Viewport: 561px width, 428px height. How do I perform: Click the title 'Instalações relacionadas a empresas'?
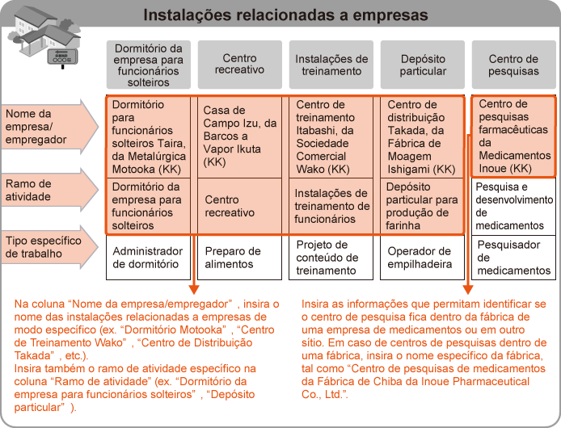(285, 15)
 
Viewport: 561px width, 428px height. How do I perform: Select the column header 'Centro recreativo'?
(239, 64)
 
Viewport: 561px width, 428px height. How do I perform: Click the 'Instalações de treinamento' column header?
(331, 64)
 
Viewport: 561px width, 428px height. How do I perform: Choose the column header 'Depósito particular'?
(423, 64)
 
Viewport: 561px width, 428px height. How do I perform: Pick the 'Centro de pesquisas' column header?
(513, 64)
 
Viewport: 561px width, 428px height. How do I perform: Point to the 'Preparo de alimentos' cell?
(239, 257)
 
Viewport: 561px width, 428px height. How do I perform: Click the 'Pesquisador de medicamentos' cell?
(513, 257)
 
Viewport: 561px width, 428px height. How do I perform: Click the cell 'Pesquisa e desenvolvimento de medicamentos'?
(513, 206)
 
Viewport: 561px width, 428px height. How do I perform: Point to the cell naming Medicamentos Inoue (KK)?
(513, 136)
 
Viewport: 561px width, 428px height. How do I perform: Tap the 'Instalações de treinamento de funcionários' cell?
(331, 206)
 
